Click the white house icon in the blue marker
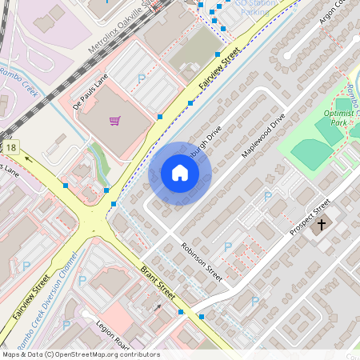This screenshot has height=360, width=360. [180, 173]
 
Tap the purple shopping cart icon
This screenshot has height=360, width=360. [115, 121]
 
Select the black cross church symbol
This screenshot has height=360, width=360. [322, 225]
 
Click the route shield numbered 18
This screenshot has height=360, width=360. [10, 147]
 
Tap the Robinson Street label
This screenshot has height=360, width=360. [201, 260]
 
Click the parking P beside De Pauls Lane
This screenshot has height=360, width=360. [142, 78]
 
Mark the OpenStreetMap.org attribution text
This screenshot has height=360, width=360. [81, 354]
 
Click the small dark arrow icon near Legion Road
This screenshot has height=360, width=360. [157, 306]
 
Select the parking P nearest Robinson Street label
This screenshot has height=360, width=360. [228, 247]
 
